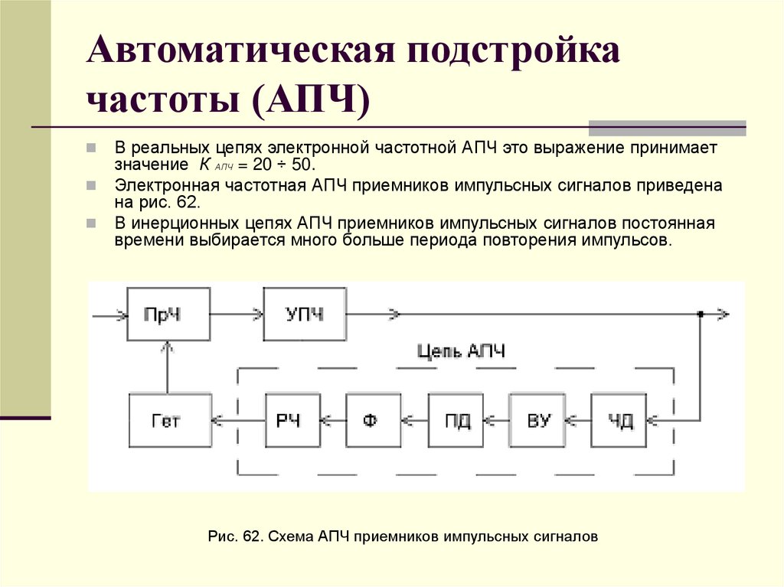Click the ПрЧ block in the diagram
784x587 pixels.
(x=168, y=314)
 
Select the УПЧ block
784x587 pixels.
(x=304, y=314)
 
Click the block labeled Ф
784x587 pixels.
(x=373, y=419)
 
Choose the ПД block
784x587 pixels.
(x=456, y=419)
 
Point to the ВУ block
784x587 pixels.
(x=537, y=419)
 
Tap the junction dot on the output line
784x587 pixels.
(x=700, y=314)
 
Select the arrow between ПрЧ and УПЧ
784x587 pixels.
(x=237, y=314)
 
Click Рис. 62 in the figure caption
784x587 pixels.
(x=234, y=536)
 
